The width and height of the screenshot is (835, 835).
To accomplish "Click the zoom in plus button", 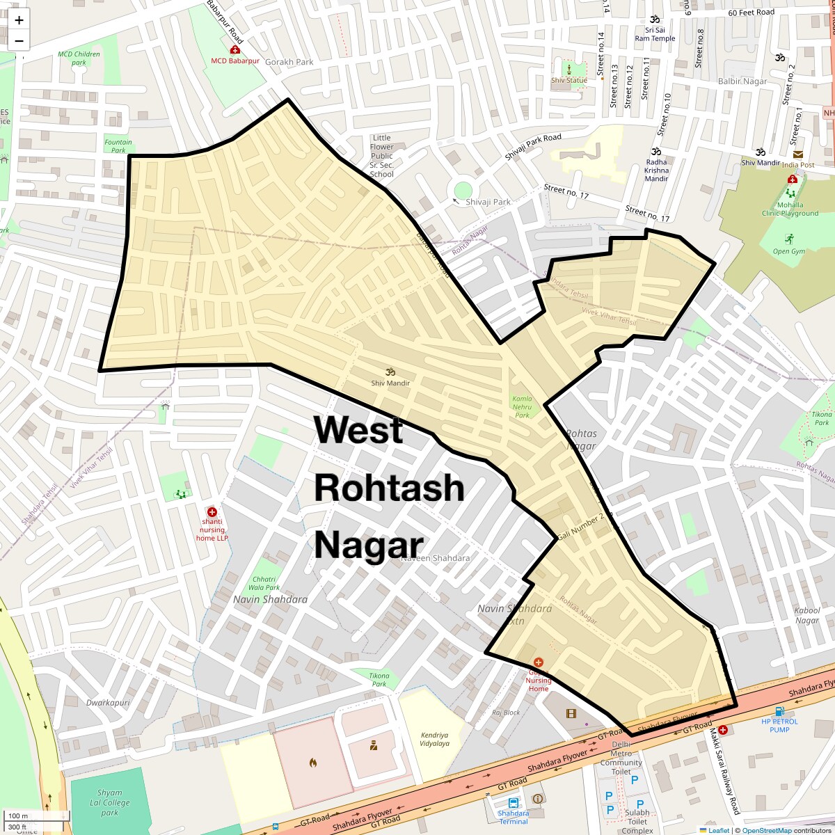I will (x=19, y=20).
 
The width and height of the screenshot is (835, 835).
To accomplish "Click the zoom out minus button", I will (x=19, y=40).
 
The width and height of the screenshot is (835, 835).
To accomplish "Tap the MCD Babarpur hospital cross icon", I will (x=235, y=51).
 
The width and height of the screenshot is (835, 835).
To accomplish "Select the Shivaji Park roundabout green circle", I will (x=463, y=190).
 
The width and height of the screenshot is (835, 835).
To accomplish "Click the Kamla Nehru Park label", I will (x=522, y=406).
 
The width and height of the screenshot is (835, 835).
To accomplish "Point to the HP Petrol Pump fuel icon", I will (x=779, y=711).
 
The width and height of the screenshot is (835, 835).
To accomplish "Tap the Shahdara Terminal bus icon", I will (x=514, y=802).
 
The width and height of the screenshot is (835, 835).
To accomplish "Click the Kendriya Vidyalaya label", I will (x=435, y=739).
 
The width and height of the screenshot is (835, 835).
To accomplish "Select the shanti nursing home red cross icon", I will (x=212, y=512).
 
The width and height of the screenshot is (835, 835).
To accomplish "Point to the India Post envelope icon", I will (x=797, y=154).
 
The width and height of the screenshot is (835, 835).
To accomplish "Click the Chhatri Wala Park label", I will (x=267, y=583).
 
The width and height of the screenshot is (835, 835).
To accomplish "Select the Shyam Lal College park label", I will (x=109, y=802).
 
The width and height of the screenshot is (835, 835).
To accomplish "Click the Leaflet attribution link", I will (x=718, y=830).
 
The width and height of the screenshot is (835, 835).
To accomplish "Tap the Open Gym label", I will (x=788, y=251).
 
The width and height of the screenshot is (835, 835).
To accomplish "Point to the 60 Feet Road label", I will (x=751, y=13).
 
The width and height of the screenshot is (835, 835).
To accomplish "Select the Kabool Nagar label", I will (x=807, y=615).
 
